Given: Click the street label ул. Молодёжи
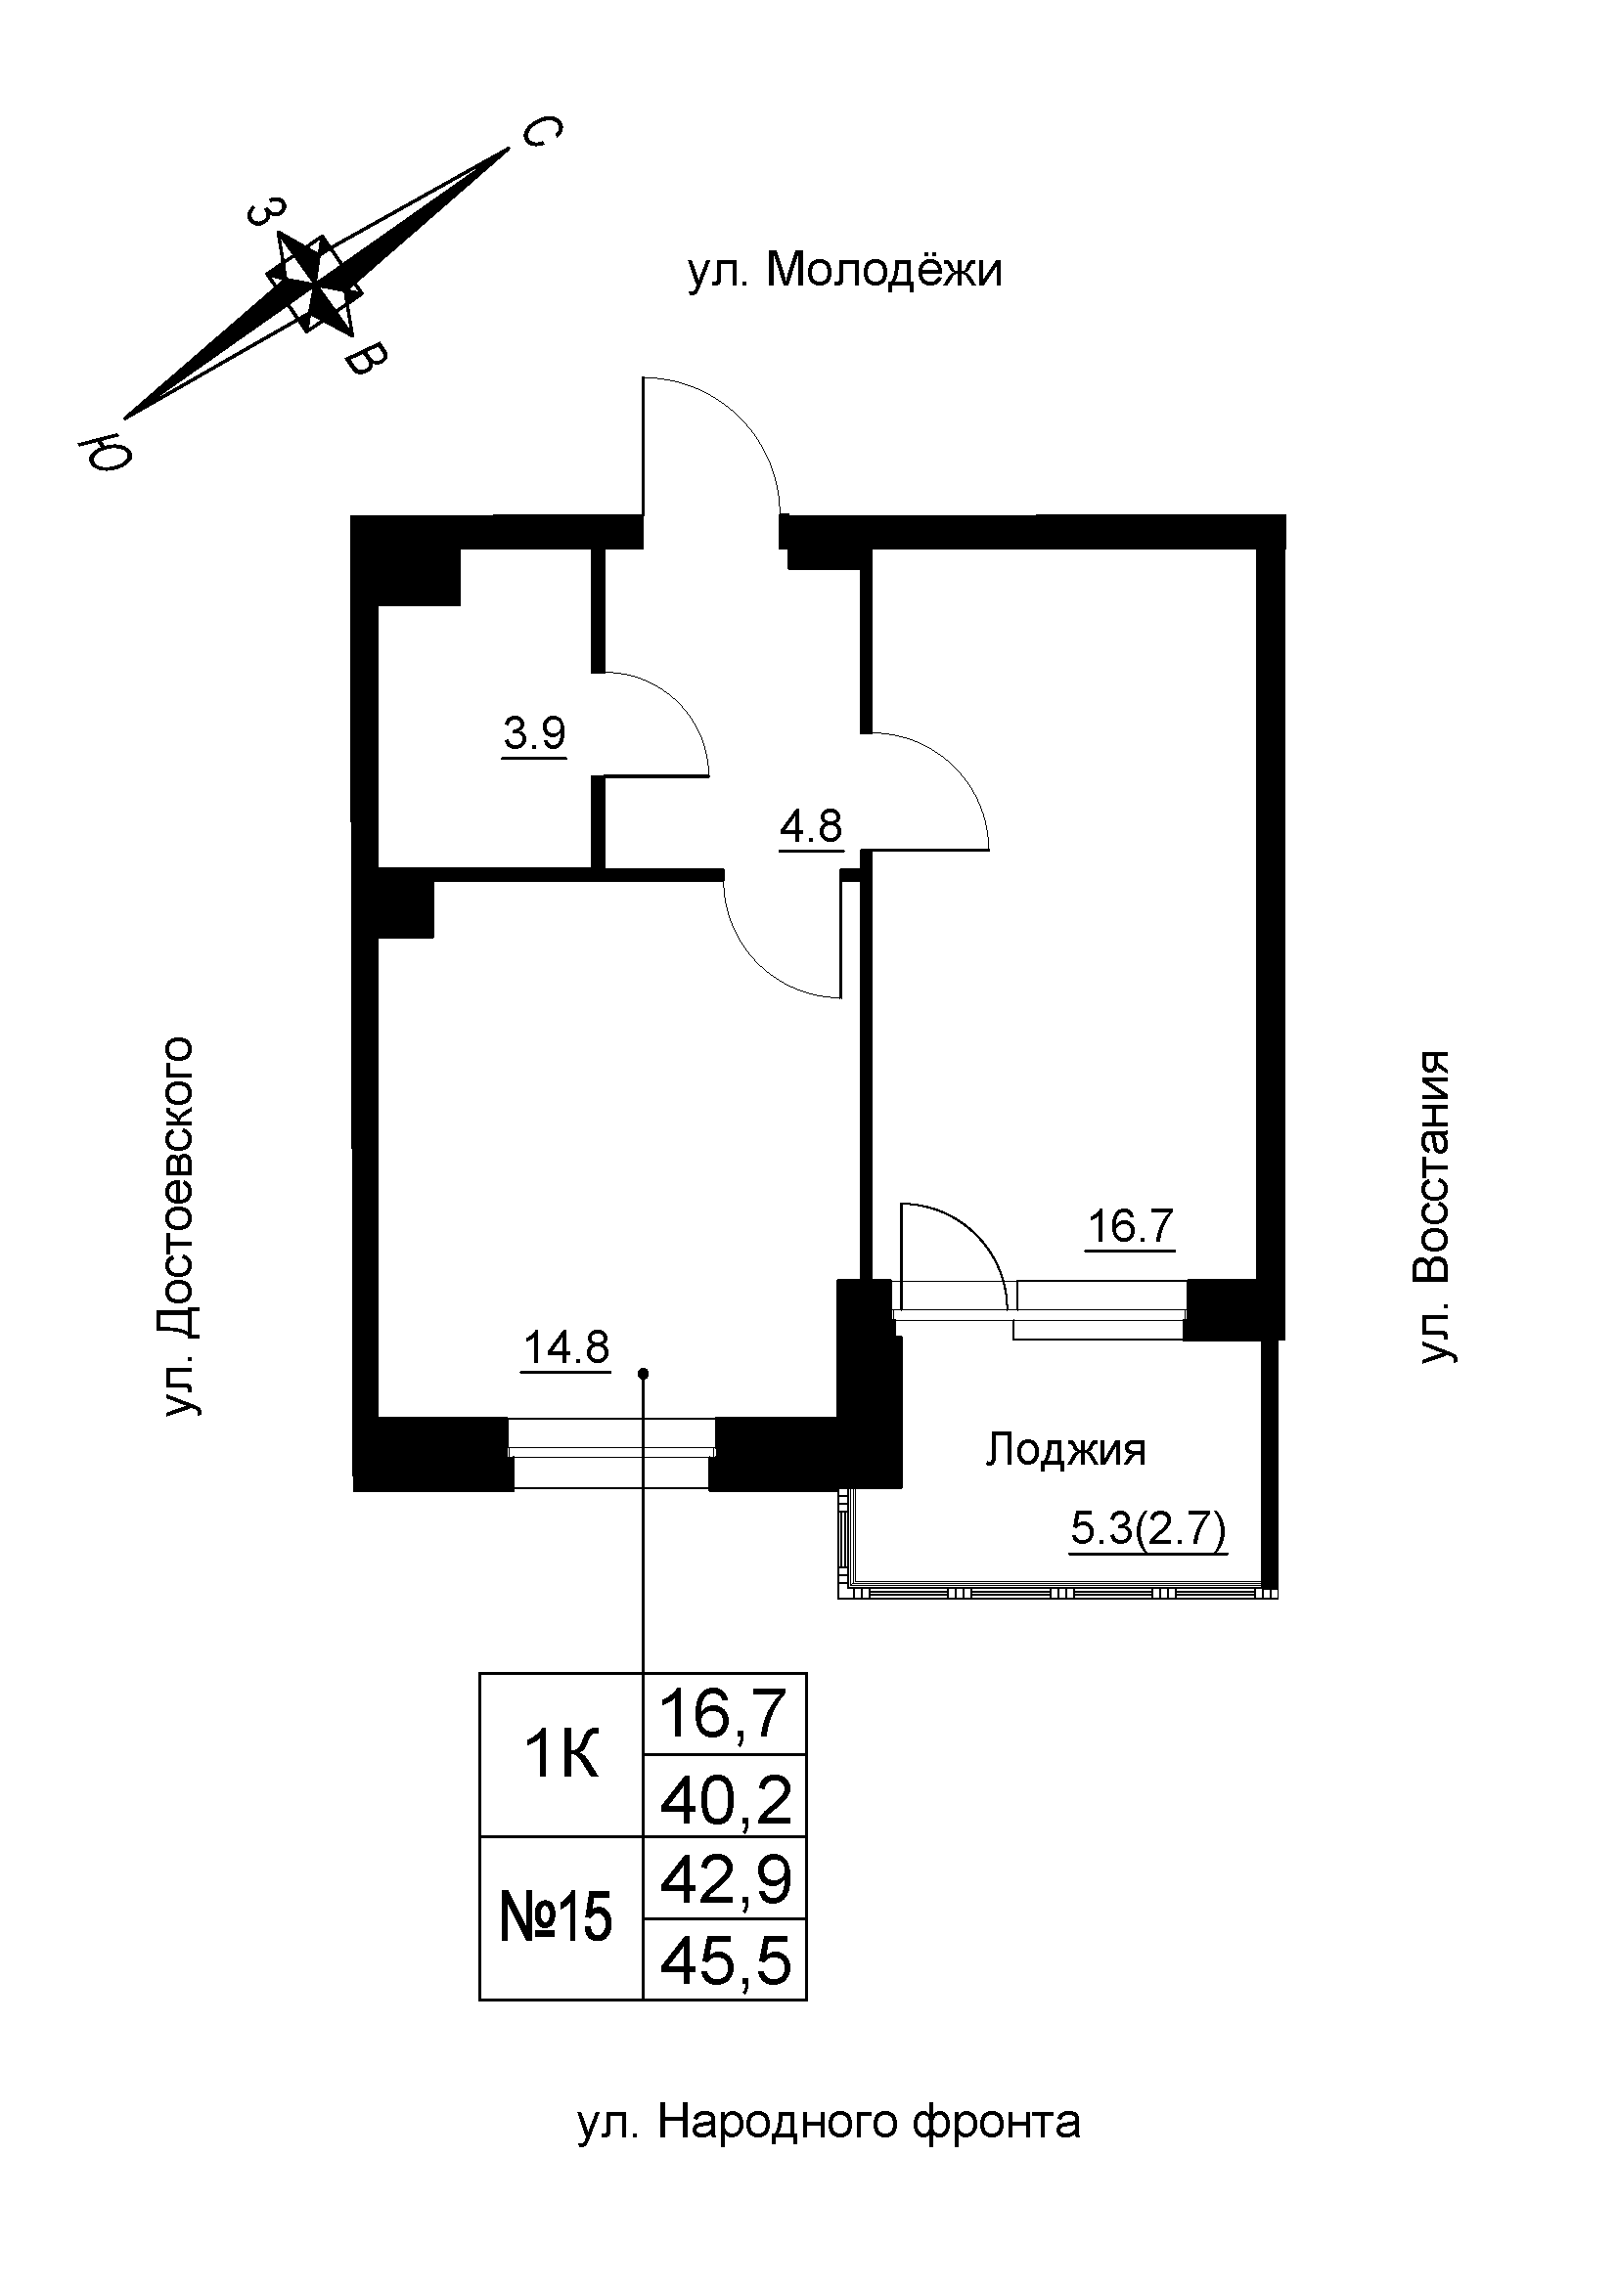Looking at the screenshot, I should point(845,271).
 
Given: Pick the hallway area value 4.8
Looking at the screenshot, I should point(811,826).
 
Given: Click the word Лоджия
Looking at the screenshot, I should point(1065,1450).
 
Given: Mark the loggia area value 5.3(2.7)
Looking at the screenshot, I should point(1147,1529).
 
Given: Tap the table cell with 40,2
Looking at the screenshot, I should point(725,1799).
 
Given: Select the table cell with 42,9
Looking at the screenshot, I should point(725,1879).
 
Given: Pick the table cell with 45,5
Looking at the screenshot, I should point(725,1960).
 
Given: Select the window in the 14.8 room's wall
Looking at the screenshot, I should point(611,1453).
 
